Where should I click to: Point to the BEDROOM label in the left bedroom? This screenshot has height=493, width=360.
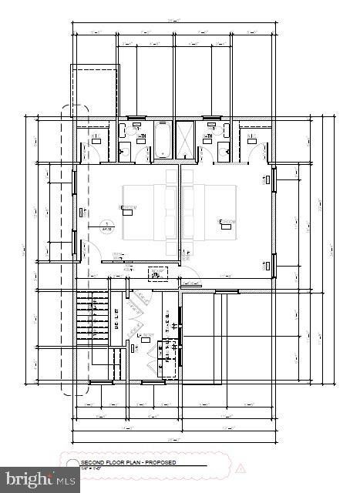click(x=128, y=208)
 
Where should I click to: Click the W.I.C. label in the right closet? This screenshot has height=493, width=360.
click(x=252, y=138)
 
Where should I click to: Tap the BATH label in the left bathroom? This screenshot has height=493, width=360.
click(x=141, y=138)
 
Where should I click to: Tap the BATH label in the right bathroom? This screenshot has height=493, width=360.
click(x=207, y=138)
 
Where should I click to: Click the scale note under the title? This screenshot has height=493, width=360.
click(x=94, y=468)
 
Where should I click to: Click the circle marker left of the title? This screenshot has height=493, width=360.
click(x=72, y=464)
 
